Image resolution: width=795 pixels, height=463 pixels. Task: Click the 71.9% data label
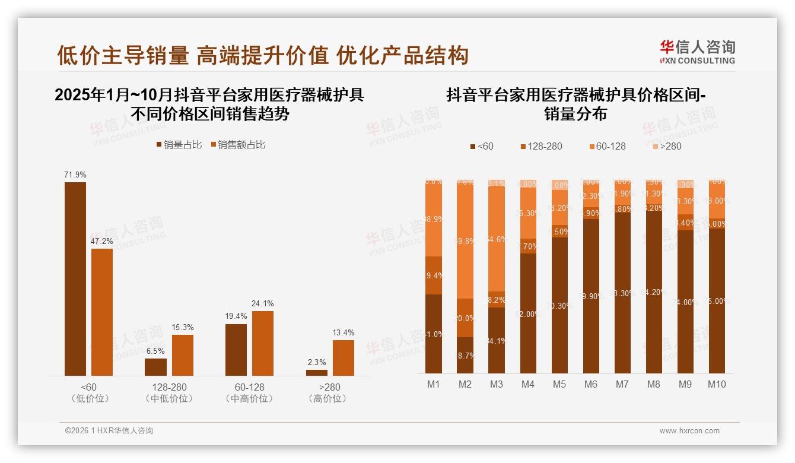coord(75,175)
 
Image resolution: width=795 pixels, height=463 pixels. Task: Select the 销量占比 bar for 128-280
coord(155,367)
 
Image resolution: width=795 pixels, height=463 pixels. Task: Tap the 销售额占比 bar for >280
coord(343,357)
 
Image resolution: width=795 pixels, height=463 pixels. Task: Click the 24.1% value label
coord(263,303)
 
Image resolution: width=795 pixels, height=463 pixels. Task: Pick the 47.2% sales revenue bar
coord(102,312)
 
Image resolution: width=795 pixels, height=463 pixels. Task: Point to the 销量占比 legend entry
coord(179,144)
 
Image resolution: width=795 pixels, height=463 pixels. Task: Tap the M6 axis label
coord(590,384)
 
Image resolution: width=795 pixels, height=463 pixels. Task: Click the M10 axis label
coord(717,384)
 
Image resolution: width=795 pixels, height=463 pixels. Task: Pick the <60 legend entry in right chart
coord(481,146)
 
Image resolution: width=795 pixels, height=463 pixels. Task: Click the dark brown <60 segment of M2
coord(465,355)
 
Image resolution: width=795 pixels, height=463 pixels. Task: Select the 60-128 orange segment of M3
coord(497,239)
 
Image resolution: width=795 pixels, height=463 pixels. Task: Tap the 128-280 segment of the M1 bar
coord(434,275)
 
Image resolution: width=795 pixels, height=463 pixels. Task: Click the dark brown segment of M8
coord(653,291)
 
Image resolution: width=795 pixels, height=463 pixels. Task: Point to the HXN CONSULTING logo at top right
coord(697,52)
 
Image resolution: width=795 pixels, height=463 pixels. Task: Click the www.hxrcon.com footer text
coord(689,431)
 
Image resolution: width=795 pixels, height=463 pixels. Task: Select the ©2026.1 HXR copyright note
coord(109,431)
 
